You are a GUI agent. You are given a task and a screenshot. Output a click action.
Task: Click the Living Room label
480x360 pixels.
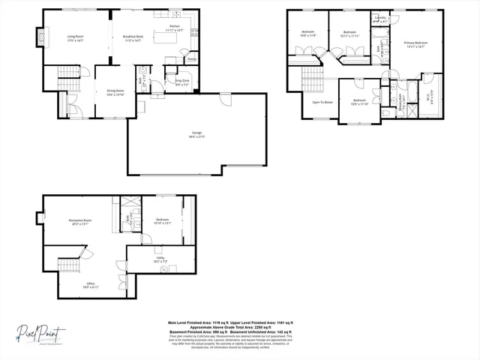[x=75, y=36]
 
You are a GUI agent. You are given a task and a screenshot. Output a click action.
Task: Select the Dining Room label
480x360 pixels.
[x=114, y=91]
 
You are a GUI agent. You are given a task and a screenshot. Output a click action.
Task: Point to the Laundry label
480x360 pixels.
[x=380, y=17]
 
